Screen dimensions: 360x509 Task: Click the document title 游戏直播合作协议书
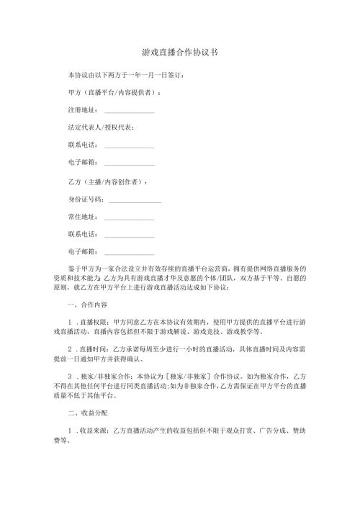pos(179,53)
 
